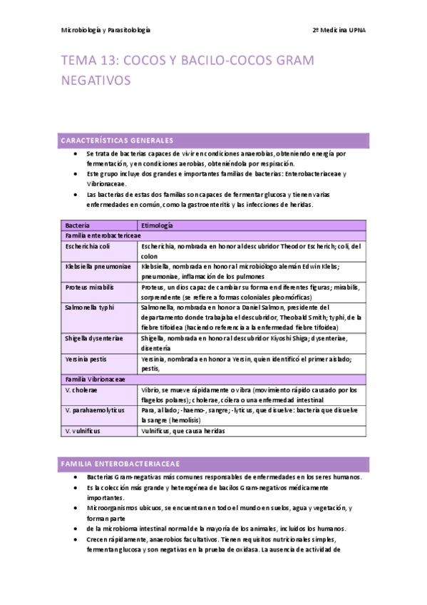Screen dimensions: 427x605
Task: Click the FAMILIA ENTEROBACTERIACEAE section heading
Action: [120, 464]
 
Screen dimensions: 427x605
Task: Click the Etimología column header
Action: [157, 225]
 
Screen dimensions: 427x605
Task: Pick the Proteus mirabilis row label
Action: [91, 288]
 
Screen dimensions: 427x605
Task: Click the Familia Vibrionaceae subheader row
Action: [96, 380]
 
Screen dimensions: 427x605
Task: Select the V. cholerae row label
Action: [81, 390]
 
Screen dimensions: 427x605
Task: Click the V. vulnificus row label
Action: [83, 431]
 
